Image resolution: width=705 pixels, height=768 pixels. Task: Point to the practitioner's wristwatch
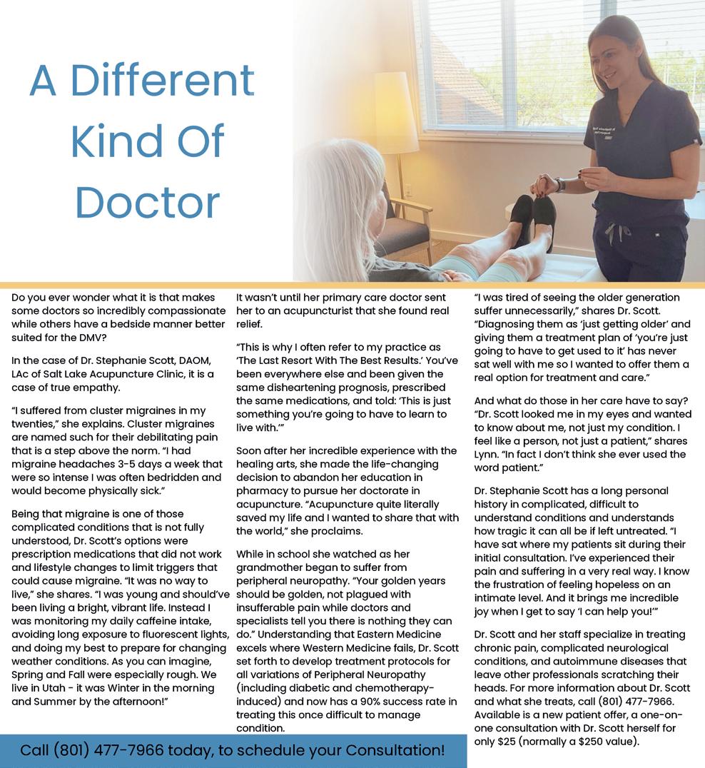coord(560,185)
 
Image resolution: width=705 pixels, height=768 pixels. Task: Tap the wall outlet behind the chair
coord(408,190)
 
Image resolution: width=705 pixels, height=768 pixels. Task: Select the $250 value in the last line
coord(585,741)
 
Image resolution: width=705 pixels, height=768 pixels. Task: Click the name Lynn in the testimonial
coord(486,454)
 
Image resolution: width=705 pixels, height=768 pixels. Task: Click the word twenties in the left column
coord(32,424)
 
